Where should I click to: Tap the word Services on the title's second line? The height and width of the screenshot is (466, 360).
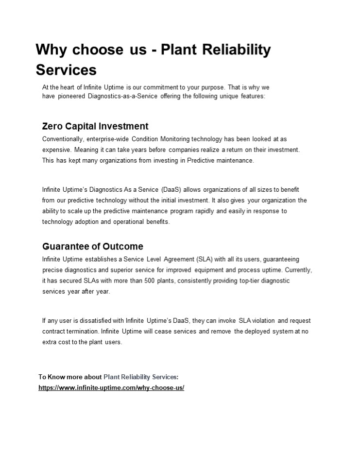(66, 70)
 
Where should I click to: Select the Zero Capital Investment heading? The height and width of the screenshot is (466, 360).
(95, 126)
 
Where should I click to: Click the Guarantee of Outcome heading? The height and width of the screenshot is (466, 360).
(93, 246)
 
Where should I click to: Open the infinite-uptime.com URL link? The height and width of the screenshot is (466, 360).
(111, 388)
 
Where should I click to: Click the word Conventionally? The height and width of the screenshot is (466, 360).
(63, 139)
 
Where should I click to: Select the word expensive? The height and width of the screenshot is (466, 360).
(56, 150)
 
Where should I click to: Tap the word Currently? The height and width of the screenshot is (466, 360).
(298, 270)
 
